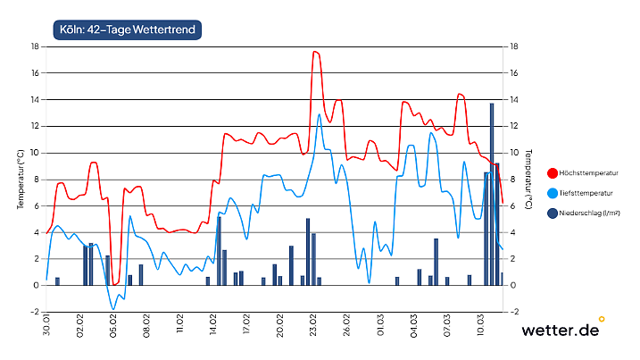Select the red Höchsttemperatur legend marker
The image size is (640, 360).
553,172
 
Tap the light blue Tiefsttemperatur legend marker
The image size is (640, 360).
553,193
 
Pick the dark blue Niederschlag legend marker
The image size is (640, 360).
553,213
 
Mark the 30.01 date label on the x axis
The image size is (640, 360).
46,326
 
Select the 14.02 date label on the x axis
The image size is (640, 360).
213,326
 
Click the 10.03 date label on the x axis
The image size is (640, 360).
481,326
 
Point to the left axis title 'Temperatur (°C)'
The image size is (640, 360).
20,179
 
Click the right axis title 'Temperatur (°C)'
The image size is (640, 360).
528,179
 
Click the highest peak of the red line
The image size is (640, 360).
315,52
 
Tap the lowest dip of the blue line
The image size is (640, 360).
113,309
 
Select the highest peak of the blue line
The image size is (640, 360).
320,114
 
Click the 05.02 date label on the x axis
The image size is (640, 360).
113,326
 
